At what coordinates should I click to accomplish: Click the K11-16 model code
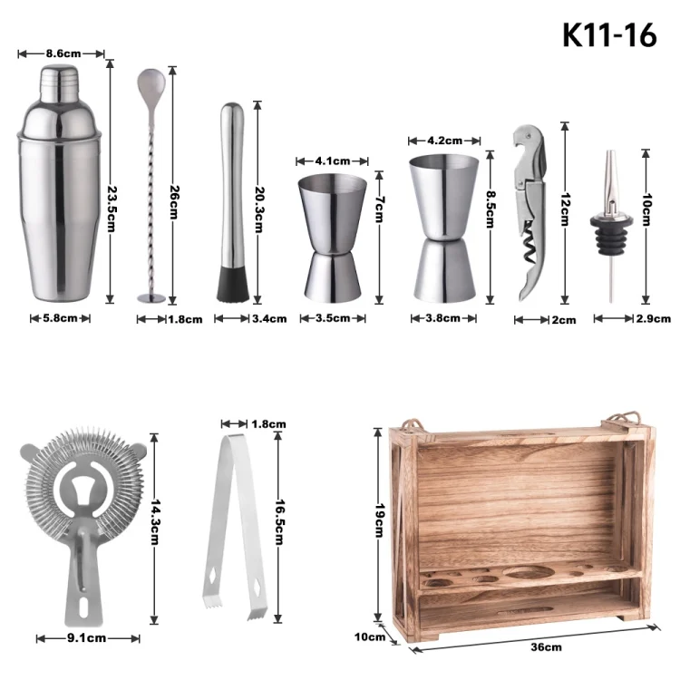pyautogui.click(x=609, y=34)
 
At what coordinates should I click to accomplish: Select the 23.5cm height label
pyautogui.click(x=112, y=209)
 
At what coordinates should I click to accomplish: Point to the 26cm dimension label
pyautogui.click(x=174, y=202)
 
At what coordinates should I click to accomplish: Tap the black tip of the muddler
pyautogui.click(x=233, y=285)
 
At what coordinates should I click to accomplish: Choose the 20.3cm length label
pyautogui.click(x=259, y=210)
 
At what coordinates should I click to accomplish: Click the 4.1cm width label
pyautogui.click(x=332, y=161)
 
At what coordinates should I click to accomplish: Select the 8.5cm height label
pyautogui.click(x=490, y=209)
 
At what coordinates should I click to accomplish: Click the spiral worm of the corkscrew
pyautogui.click(x=529, y=246)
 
